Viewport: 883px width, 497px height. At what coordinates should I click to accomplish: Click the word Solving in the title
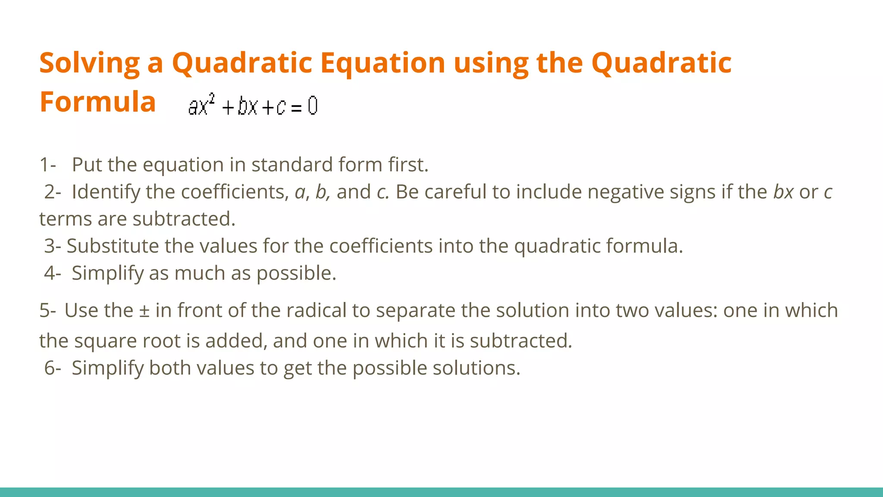point(89,63)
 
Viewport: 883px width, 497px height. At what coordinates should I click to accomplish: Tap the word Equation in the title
point(382,63)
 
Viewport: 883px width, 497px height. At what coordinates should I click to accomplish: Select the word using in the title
point(491,63)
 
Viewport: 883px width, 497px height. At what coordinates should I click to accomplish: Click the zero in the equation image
point(313,106)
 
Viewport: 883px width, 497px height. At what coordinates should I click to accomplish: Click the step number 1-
point(47,165)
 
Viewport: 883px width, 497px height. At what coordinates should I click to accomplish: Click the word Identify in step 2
point(106,192)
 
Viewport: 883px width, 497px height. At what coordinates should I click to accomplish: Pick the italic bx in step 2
point(783,192)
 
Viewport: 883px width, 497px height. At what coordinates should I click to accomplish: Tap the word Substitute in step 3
point(113,246)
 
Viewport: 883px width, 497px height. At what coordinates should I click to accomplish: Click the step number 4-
point(52,273)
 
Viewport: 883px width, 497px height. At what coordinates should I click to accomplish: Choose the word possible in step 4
point(296,274)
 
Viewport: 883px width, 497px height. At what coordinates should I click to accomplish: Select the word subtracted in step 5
point(521,341)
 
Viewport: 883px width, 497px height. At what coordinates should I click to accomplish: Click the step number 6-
point(52,368)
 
